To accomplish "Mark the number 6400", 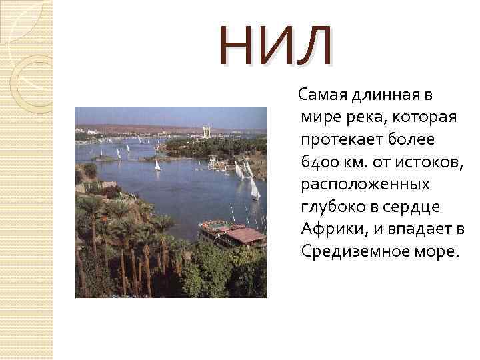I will [x=319, y=162].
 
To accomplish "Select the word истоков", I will [x=431, y=162].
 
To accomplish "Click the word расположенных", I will [x=365, y=185].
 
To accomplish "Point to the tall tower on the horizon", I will [x=207, y=132].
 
